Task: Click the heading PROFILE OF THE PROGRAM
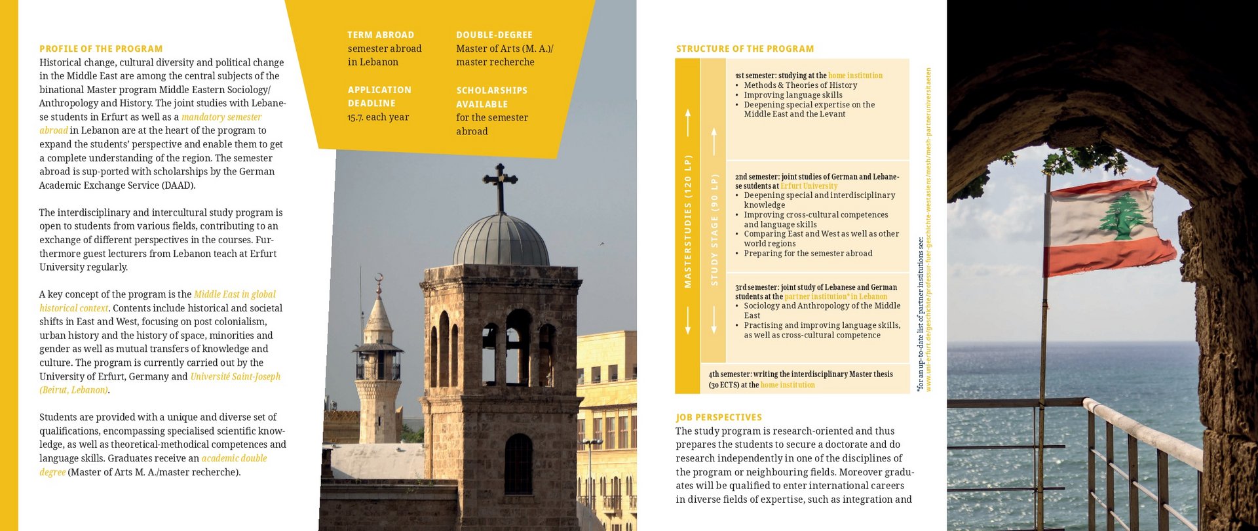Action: [x=101, y=49]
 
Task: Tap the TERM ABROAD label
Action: [x=381, y=35]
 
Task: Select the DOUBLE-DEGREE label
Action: [x=494, y=35]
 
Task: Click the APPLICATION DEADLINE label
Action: [x=379, y=96]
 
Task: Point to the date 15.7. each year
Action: [x=378, y=117]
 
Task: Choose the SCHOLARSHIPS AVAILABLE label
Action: [x=491, y=97]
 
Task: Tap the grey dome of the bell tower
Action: [x=501, y=241]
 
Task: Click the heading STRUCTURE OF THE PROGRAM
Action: [x=745, y=49]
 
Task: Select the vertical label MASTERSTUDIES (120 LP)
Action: [x=688, y=222]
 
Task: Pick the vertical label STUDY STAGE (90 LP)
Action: [x=714, y=229]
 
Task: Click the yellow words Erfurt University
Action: [x=809, y=186]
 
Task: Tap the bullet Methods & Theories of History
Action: [x=800, y=85]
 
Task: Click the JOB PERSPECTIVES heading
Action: [x=719, y=418]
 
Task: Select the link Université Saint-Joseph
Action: [x=235, y=377]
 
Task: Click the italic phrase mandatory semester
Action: [x=221, y=117]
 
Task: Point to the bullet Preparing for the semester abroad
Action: [x=808, y=254]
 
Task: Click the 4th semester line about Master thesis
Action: [x=801, y=374]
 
